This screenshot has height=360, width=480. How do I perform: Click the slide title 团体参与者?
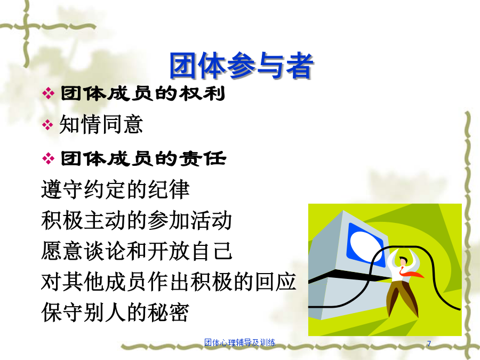coord(241,66)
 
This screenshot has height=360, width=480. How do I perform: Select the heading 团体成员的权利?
coord(143,93)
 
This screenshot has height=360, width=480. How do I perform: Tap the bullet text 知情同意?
coord(101,124)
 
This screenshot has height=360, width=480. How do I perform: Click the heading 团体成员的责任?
coord(143,158)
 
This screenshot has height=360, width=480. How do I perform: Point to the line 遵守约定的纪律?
coord(115,190)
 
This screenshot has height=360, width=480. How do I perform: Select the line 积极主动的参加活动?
coord(137,220)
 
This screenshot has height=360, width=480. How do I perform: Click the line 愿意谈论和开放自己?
coord(137,251)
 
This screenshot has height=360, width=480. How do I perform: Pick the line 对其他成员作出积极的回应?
coord(169,282)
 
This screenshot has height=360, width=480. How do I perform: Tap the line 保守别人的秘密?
coord(115,312)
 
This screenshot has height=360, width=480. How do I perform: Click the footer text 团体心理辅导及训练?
coord(239,342)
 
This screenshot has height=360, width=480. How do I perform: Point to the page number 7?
coord(429,343)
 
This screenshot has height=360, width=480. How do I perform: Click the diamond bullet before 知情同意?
coord(48,125)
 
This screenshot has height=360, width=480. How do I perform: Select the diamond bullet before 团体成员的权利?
coord(48,93)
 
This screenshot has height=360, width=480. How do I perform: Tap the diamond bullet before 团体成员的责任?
coord(48,158)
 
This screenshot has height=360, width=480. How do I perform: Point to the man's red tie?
coord(411,273)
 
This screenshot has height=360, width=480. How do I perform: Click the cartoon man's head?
coord(403,261)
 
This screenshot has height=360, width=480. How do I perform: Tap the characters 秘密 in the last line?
coord(169,312)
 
